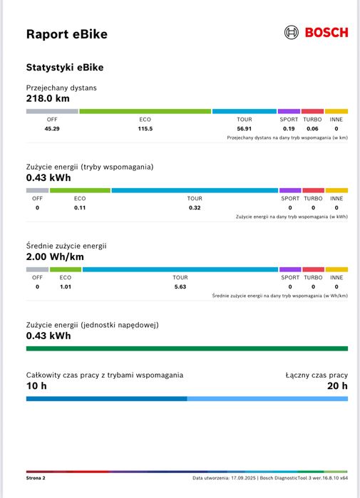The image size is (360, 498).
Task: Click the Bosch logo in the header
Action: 316,33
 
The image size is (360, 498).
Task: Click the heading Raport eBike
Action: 67,34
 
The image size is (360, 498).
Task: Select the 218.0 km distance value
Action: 48,99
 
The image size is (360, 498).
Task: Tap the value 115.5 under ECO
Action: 145,129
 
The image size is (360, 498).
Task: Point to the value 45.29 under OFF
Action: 52,129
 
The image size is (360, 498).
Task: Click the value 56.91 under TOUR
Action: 245,129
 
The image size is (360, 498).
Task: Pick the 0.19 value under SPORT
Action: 289,129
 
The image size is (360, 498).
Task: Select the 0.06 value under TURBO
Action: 312,129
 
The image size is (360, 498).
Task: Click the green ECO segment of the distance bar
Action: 145,111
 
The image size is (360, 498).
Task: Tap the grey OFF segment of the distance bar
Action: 52,111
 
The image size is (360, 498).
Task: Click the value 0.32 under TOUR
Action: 195,208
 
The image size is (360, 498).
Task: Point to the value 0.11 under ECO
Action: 80,208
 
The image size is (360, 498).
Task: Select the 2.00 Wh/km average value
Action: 55,257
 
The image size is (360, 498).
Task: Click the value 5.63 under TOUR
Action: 180,286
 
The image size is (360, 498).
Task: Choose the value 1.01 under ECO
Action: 66,286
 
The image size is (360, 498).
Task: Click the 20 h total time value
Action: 337,386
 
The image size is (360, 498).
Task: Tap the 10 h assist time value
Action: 36,386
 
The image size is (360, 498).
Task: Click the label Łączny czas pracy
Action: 317,375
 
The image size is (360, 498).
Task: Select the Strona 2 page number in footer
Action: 36,478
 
